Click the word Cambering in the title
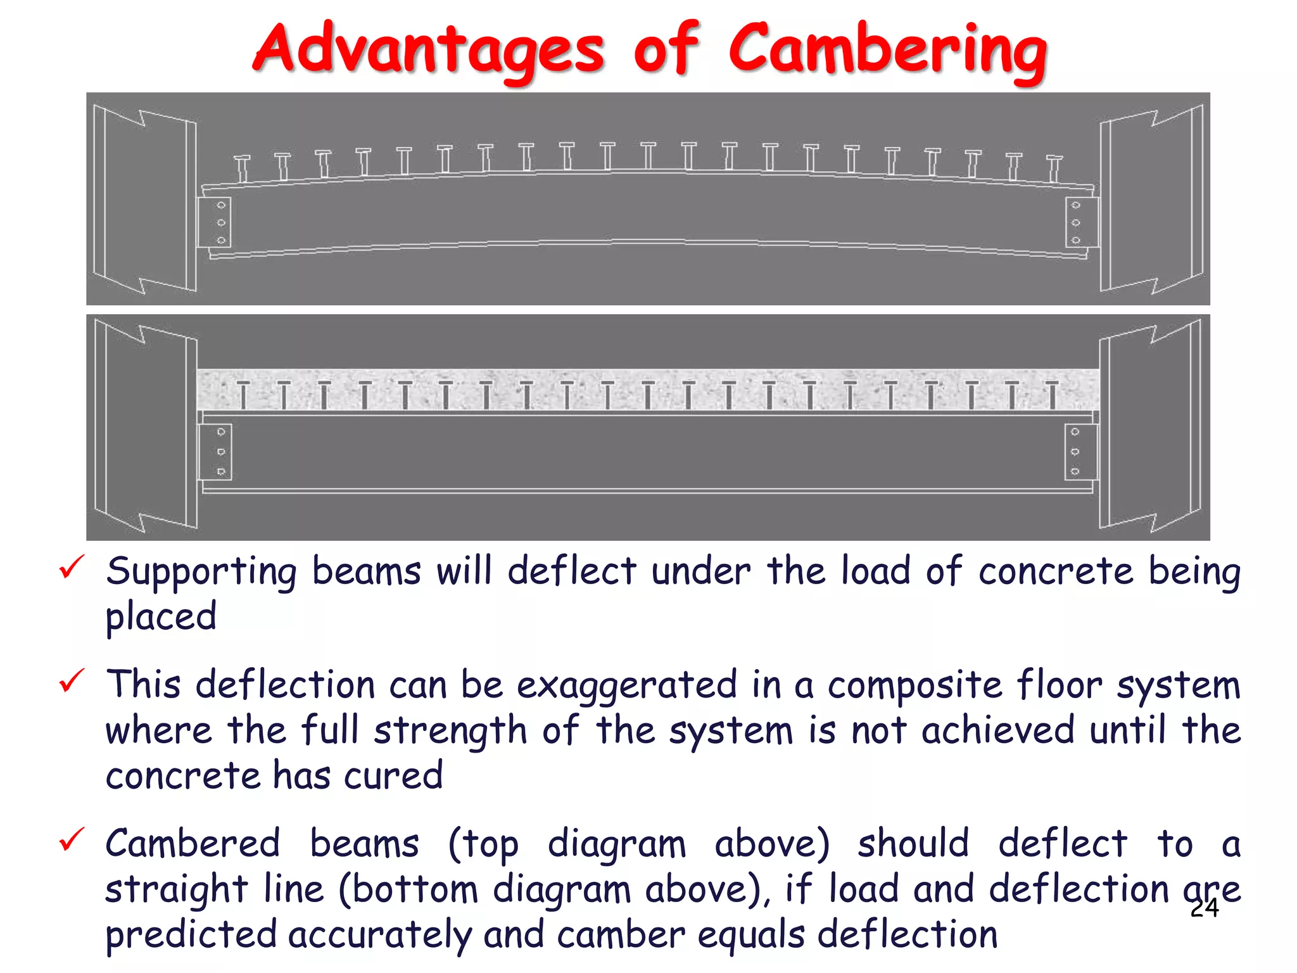pos(887,49)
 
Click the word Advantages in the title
pos(428,49)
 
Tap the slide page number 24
pos(1204,908)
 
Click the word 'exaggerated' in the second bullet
pos(627,686)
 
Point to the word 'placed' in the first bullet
pos(161,617)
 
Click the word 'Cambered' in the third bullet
pos(193,844)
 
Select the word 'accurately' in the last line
pos(380,935)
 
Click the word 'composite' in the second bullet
pos(914,686)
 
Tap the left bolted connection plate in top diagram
pos(214,222)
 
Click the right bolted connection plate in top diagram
pos(1082,222)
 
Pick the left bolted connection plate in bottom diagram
pos(215,452)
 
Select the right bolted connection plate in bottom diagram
pos(1080,452)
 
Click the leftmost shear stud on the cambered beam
pos(242,169)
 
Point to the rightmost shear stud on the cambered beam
pos(1054,169)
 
